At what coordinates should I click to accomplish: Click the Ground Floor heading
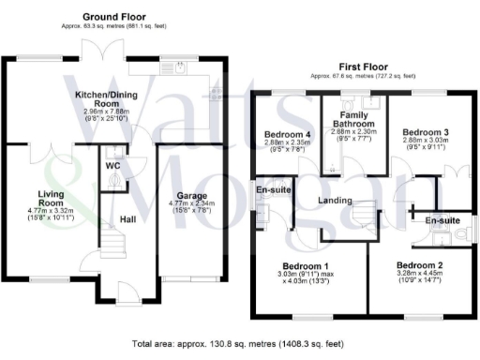pos(115,17)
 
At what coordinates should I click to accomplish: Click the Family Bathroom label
pos(354,118)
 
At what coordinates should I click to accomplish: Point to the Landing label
pos(334,200)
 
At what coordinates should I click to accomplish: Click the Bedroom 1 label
pos(308,265)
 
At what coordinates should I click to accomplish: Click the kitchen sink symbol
pos(179,67)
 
